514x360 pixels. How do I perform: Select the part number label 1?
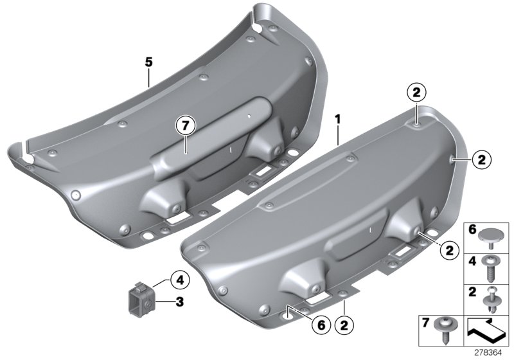pyautogui.click(x=337, y=120)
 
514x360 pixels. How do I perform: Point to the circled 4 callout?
pyautogui.click(x=179, y=280)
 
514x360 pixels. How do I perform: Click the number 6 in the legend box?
pyautogui.click(x=472, y=230)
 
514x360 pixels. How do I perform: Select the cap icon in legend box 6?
pyautogui.click(x=493, y=234)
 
